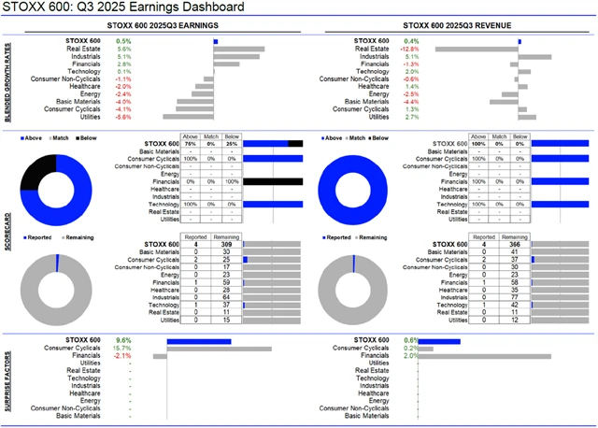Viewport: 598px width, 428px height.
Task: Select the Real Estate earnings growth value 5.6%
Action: coord(124,49)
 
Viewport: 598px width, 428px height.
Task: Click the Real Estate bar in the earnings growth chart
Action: coord(238,49)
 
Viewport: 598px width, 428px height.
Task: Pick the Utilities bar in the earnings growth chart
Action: coord(188,117)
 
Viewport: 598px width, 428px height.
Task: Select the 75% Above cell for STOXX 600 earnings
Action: coord(191,144)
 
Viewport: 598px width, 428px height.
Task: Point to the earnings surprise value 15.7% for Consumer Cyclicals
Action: coord(123,348)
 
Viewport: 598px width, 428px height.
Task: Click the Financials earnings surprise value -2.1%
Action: coord(122,355)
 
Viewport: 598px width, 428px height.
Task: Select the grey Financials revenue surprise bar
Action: coord(485,355)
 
